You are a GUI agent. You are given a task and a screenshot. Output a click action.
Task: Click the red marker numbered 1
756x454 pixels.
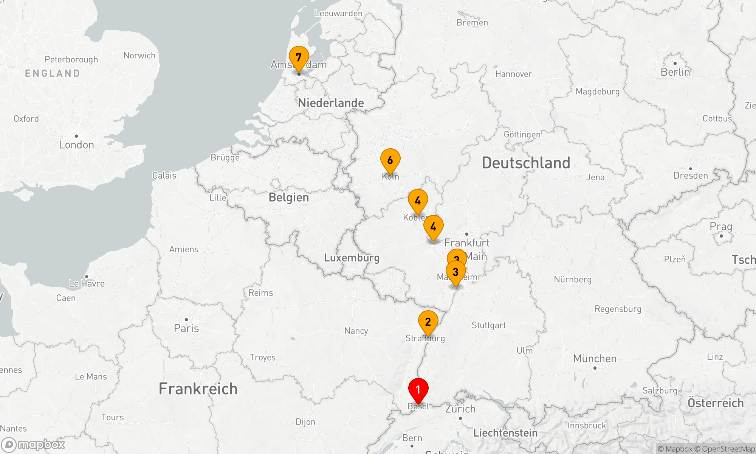pos(418,390)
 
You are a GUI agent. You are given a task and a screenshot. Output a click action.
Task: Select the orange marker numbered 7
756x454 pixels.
pos(299,58)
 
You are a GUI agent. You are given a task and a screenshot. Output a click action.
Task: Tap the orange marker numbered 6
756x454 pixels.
pos(390,160)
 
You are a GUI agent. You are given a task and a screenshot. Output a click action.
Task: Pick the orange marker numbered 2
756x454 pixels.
pos(428,322)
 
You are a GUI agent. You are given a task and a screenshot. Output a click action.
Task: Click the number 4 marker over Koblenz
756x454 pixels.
pos(418,201)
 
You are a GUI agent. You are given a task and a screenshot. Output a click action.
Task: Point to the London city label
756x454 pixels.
pos(76,145)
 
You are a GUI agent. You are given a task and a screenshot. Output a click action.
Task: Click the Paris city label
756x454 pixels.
pos(186,328)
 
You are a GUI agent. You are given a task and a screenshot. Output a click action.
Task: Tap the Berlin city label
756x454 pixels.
pos(675,72)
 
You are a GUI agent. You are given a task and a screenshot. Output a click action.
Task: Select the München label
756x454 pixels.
pos(595,358)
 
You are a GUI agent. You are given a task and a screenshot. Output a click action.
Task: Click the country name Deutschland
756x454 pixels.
pos(526,163)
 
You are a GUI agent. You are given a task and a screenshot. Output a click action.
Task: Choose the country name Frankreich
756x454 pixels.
pos(198,389)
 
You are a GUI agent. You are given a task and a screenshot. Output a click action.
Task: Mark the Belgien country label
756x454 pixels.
pos(289,197)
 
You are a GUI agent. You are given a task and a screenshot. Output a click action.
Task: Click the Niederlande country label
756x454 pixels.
pos(331,103)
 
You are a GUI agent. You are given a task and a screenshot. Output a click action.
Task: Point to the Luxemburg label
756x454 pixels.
pos(352,258)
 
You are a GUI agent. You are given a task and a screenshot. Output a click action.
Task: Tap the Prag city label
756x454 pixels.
pos(721,227)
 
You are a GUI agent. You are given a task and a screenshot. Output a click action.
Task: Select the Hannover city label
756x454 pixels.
pos(513,74)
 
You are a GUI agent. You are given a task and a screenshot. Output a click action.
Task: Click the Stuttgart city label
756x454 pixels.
pos(488,325)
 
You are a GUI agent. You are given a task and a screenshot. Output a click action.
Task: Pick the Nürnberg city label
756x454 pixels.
pos(573,280)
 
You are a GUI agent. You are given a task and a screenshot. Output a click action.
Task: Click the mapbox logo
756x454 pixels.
pos(33,445)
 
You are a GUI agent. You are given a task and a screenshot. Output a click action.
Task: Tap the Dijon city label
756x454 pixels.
pos(305,422)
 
